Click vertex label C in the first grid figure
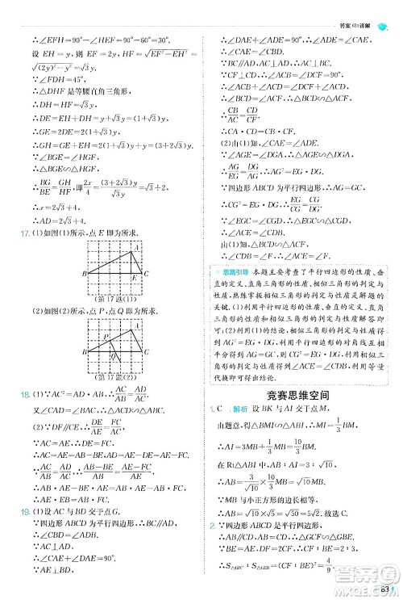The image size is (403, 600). pos(146,273)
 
